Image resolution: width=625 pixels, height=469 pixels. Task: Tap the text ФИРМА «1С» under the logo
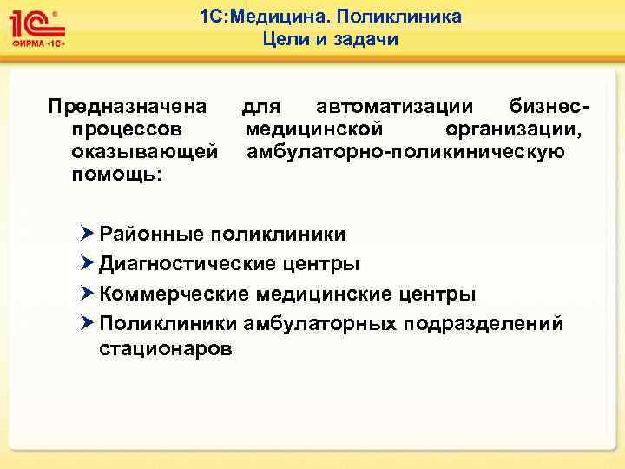(38, 42)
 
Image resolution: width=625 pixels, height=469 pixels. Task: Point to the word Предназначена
(128, 107)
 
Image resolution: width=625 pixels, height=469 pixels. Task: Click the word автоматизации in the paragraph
(395, 107)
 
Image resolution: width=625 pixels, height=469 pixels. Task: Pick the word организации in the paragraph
(513, 130)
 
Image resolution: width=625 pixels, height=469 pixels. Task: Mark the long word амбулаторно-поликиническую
(405, 153)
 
